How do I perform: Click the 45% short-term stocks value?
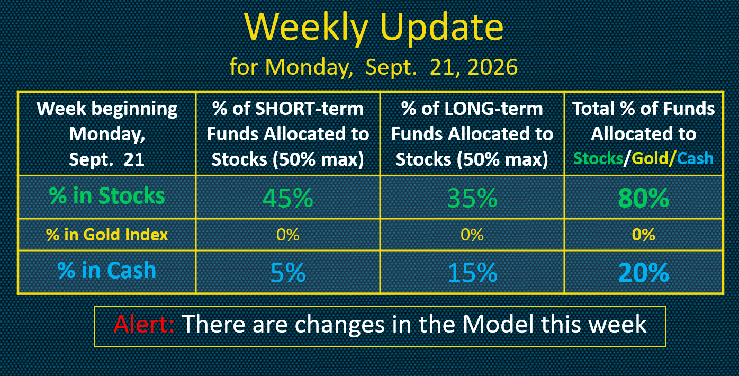(287, 198)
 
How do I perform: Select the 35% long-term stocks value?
(472, 198)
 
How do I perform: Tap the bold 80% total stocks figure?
(643, 198)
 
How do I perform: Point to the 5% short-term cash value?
(287, 272)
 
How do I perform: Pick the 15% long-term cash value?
(472, 272)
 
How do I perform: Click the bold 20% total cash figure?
(643, 272)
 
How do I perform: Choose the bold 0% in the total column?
(643, 235)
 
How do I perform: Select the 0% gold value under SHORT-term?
(287, 235)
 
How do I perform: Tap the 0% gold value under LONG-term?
(472, 235)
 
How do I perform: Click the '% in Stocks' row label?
(107, 195)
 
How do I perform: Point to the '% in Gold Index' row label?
(107, 235)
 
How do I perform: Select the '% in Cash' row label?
(106, 271)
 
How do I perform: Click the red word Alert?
(144, 324)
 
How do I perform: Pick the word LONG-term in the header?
(493, 109)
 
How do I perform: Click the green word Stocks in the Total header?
(598, 158)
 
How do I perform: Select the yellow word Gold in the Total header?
(650, 158)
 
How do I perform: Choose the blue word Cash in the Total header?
(695, 158)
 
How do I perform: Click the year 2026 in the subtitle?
(492, 67)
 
